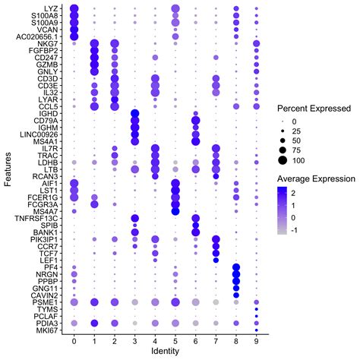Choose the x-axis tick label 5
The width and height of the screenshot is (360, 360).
tap(175, 343)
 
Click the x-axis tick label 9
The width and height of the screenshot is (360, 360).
tap(256, 343)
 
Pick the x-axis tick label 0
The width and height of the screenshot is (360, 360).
tap(74, 343)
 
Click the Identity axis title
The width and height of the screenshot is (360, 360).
tap(165, 353)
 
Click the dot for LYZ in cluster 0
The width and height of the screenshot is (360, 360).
tap(74, 8)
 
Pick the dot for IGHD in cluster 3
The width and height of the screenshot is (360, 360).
tap(135, 113)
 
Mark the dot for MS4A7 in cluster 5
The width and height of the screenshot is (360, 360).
tap(175, 210)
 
